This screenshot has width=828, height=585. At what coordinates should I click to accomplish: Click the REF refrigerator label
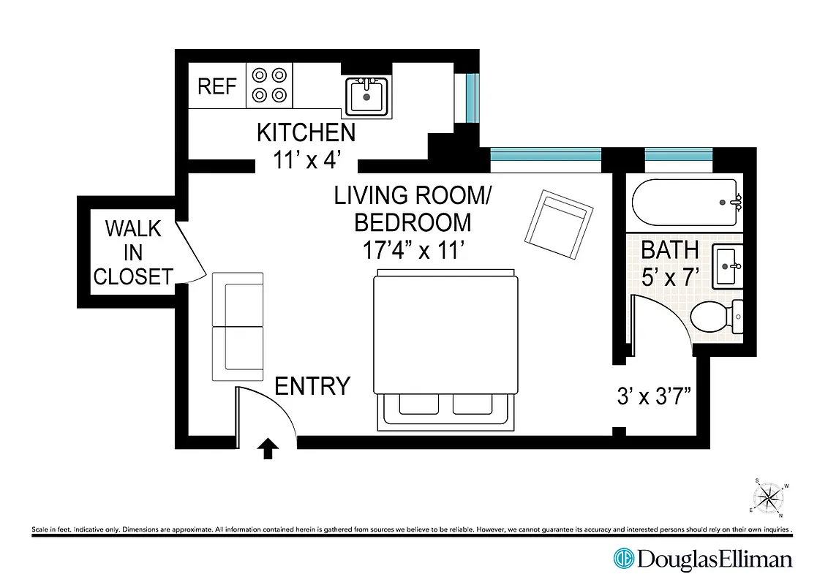click(217, 86)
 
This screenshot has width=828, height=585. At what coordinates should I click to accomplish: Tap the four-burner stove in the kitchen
click(268, 85)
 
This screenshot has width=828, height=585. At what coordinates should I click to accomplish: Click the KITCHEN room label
click(306, 132)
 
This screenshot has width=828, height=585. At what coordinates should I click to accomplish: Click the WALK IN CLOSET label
click(132, 252)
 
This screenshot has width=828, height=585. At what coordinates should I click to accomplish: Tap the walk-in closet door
click(190, 249)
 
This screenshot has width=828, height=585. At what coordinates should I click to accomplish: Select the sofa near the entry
click(238, 327)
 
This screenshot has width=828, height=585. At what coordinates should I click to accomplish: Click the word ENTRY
click(312, 386)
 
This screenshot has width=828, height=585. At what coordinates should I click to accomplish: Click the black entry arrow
click(268, 448)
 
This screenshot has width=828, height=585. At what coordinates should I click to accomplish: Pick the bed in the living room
click(445, 349)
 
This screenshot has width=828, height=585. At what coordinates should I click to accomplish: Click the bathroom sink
click(728, 268)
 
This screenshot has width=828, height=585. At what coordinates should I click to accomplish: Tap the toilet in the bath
click(715, 317)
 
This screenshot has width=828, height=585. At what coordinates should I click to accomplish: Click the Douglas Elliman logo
click(703, 559)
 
